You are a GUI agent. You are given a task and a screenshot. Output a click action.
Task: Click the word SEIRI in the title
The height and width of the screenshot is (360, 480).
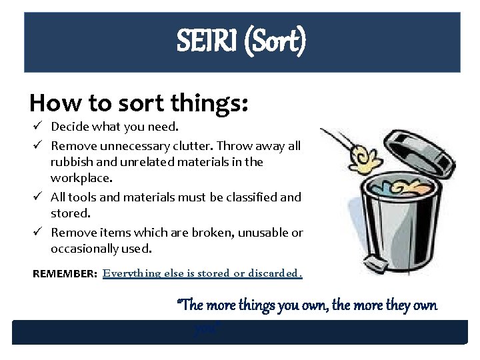pos(204,42)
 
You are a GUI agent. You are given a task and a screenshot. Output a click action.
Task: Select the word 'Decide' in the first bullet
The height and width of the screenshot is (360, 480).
pos(69,126)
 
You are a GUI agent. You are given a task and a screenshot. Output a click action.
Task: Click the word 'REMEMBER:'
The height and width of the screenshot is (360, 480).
pos(65,274)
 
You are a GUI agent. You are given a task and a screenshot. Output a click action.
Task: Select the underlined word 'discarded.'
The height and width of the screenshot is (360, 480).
pos(277,273)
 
